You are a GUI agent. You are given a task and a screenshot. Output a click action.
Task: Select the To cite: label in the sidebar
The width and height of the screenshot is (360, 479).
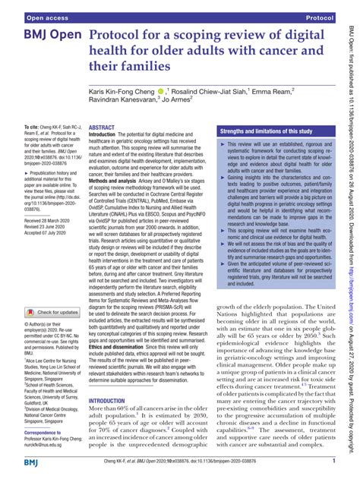coord(34,126)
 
